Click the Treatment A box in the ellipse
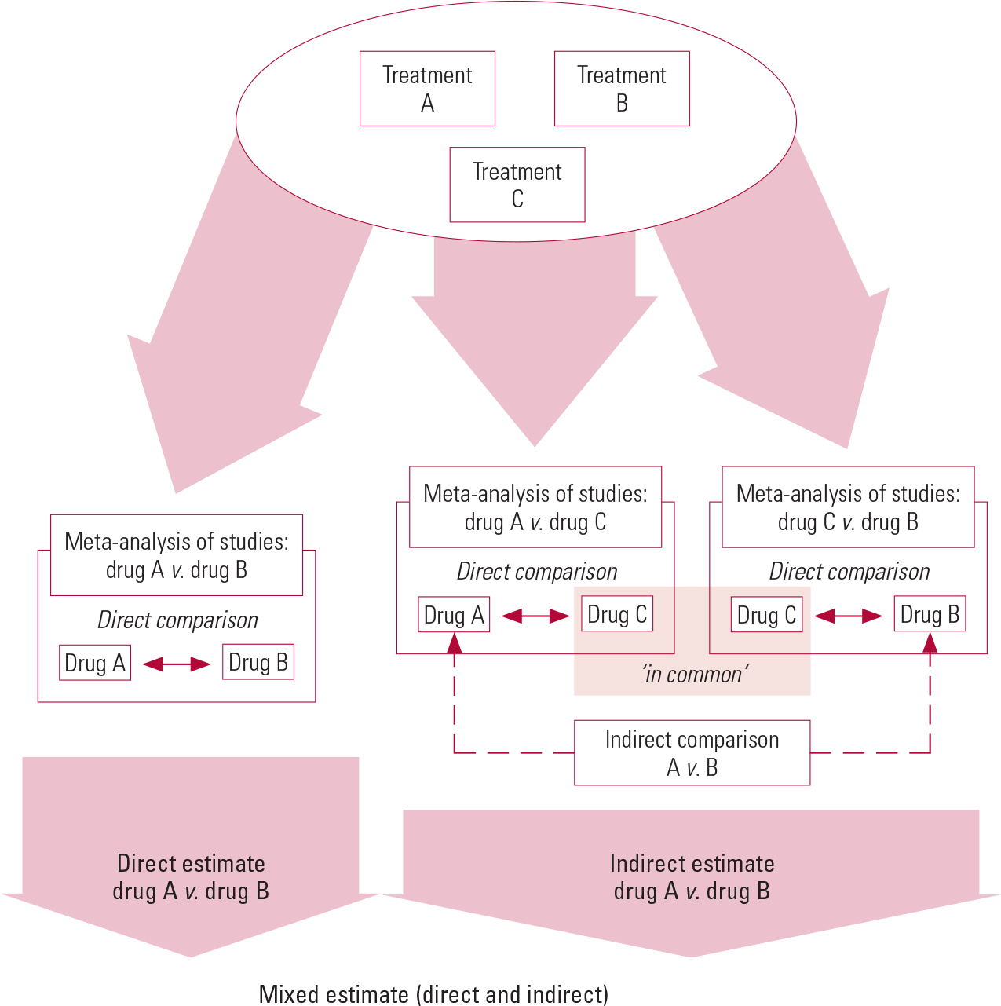coord(427,89)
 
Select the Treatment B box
coord(622,89)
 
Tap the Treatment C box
coord(517,185)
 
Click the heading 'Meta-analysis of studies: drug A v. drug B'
coord(177,555)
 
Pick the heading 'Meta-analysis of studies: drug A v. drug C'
coord(535,507)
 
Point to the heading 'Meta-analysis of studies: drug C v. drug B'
coord(848,507)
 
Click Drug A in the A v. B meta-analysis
coord(95,663)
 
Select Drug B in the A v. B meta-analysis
coord(258,663)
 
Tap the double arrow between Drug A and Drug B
coord(177,664)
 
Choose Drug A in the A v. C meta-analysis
coord(454,615)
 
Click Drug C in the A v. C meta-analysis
coord(617,615)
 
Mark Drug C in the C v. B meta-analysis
coord(766,615)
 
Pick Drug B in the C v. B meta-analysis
coord(930,615)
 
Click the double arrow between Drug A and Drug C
coord(535,616)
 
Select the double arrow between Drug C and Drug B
coord(848,616)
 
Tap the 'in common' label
coord(694,675)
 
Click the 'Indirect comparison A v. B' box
coord(692,753)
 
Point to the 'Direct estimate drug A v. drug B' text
coord(191,877)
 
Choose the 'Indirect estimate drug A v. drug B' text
coord(692,877)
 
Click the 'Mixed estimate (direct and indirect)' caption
coord(433,994)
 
